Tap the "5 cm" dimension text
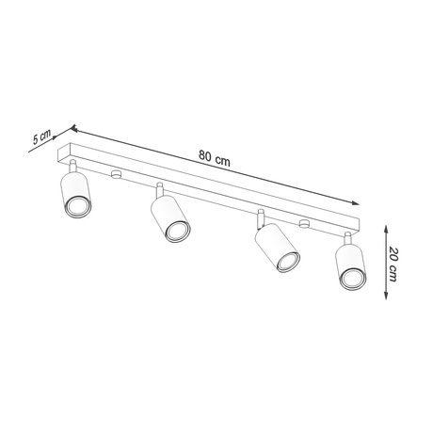40,137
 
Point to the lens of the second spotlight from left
173,231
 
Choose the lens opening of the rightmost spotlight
352,277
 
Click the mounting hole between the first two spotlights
116,174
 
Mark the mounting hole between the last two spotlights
304,223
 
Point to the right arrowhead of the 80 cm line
358,202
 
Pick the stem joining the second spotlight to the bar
160,188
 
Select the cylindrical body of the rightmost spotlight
345,258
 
